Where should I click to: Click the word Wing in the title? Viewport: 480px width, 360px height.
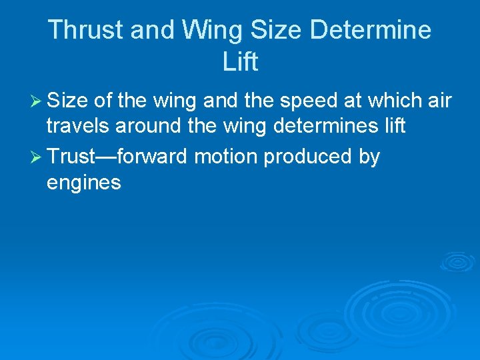tap(203, 30)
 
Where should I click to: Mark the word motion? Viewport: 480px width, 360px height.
tap(227, 157)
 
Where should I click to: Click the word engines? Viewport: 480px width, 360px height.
tap(84, 182)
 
